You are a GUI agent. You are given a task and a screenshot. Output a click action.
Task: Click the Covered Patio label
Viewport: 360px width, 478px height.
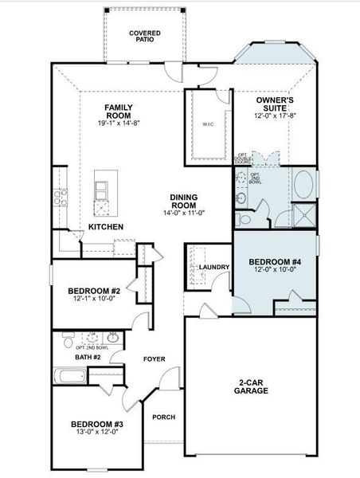click(x=145, y=36)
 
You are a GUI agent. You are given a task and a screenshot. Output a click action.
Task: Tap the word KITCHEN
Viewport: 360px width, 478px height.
click(x=106, y=227)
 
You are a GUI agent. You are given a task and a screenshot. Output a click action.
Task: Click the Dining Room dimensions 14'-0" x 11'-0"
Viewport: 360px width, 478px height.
click(x=188, y=213)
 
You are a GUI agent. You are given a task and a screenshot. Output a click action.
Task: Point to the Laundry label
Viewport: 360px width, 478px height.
click(x=214, y=267)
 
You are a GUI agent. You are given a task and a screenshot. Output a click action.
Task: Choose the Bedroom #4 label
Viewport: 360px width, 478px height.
click(x=275, y=261)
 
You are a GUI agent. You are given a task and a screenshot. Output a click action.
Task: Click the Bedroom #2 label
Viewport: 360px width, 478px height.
click(x=93, y=291)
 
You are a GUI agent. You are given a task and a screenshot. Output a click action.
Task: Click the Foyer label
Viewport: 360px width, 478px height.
click(x=154, y=359)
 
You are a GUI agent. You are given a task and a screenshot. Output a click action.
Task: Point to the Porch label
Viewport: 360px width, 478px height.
click(x=164, y=417)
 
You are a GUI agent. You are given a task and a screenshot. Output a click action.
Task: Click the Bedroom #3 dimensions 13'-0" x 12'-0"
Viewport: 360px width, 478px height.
click(x=95, y=431)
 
